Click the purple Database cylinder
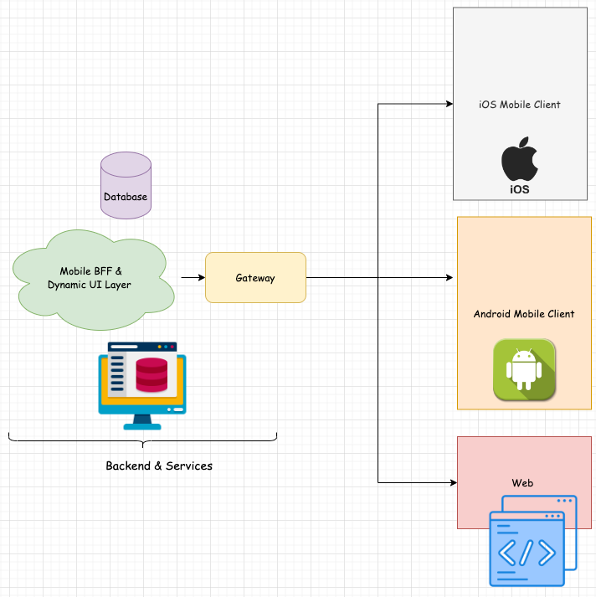tap(126, 186)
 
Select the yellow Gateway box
tap(255, 278)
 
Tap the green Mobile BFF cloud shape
tap(94, 278)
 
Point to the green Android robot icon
tap(525, 369)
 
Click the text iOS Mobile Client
tap(519, 105)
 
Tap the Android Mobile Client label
tap(524, 314)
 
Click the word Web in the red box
tap(522, 483)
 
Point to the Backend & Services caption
tap(159, 466)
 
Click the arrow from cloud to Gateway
tap(193, 277)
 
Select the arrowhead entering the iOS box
tap(448, 104)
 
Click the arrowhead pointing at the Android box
tap(451, 277)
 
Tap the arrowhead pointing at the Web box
tap(452, 483)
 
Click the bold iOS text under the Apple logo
tap(519, 190)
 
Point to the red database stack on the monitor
tap(152, 374)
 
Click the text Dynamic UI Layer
tap(90, 286)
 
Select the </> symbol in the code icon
tap(526, 553)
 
